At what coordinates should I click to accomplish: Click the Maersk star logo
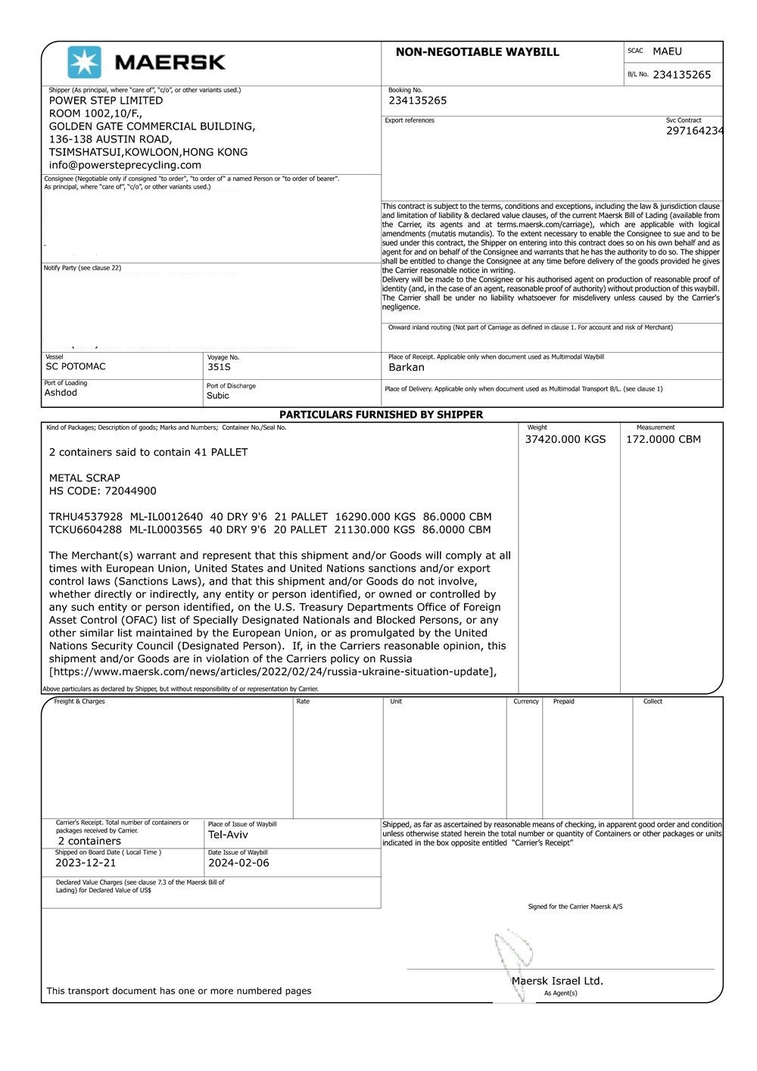click(x=84, y=62)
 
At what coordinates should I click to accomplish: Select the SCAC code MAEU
click(x=667, y=51)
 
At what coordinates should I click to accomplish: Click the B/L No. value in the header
click(x=681, y=75)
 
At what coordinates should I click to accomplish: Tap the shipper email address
click(x=125, y=165)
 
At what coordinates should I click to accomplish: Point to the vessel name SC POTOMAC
click(x=76, y=366)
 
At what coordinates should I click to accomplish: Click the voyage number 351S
click(x=219, y=367)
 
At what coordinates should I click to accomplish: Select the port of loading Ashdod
click(x=61, y=393)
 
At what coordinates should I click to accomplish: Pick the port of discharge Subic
click(x=217, y=396)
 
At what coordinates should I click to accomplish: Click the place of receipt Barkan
click(x=407, y=368)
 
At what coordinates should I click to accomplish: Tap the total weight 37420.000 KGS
click(x=565, y=440)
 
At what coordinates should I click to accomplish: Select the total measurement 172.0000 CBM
click(x=663, y=440)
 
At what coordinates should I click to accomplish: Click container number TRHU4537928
click(x=86, y=517)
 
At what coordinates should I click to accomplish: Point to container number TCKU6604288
click(x=86, y=530)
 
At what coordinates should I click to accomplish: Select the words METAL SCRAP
click(x=85, y=478)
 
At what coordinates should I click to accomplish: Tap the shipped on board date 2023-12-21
click(x=86, y=863)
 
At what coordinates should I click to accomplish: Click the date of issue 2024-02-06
click(x=238, y=863)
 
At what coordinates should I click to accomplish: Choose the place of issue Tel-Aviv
click(x=228, y=835)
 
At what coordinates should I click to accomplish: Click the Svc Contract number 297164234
click(x=694, y=131)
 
